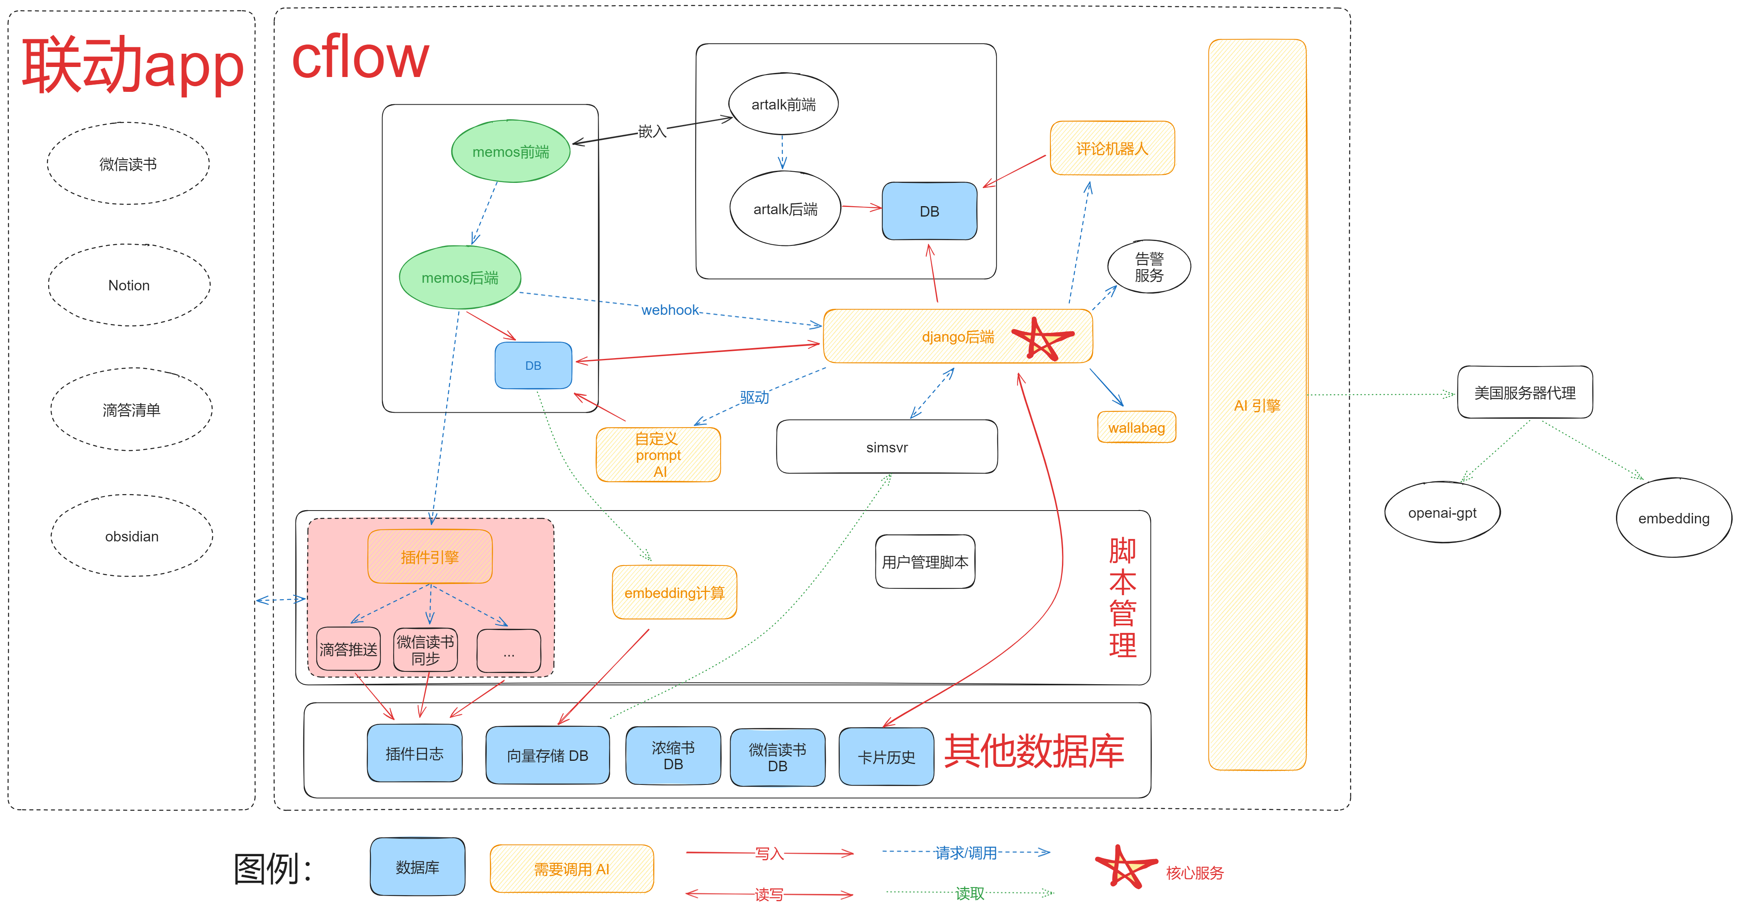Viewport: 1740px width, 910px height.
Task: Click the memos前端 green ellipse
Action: (511, 151)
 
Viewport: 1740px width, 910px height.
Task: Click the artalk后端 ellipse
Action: (785, 209)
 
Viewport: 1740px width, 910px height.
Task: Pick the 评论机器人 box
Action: (1112, 148)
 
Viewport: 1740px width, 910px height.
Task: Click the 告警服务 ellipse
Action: (1149, 267)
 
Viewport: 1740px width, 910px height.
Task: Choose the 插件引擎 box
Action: (430, 556)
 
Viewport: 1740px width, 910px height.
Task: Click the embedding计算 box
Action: (674, 592)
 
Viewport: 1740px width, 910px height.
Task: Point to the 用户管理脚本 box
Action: (925, 561)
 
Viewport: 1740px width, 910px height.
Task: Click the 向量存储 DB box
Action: (547, 755)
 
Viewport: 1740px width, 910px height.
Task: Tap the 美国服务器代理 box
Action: (1525, 392)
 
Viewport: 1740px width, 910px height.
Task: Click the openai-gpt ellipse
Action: (1442, 513)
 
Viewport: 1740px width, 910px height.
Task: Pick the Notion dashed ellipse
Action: (129, 285)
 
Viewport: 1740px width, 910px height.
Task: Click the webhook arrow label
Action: (670, 310)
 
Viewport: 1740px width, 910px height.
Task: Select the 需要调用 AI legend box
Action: (571, 869)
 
